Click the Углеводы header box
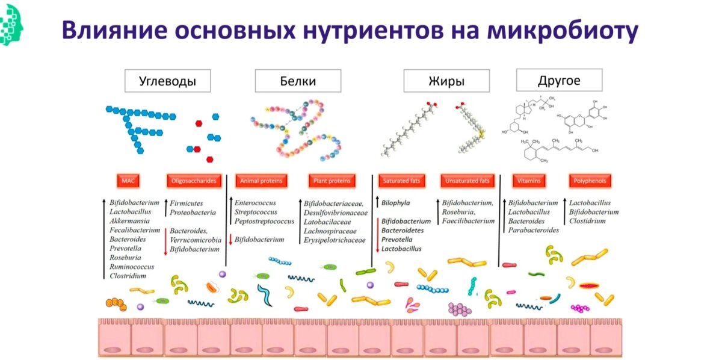[167, 81]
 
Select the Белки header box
[298, 81]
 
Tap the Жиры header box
[446, 81]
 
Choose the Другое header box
[559, 80]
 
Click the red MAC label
[128, 181]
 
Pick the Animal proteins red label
[261, 181]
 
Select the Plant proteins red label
[332, 181]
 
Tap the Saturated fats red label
[402, 181]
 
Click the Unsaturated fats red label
[467, 181]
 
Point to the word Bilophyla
[399, 203]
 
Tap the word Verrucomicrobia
[196, 240]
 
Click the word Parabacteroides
[534, 230]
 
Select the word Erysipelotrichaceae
[335, 240]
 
